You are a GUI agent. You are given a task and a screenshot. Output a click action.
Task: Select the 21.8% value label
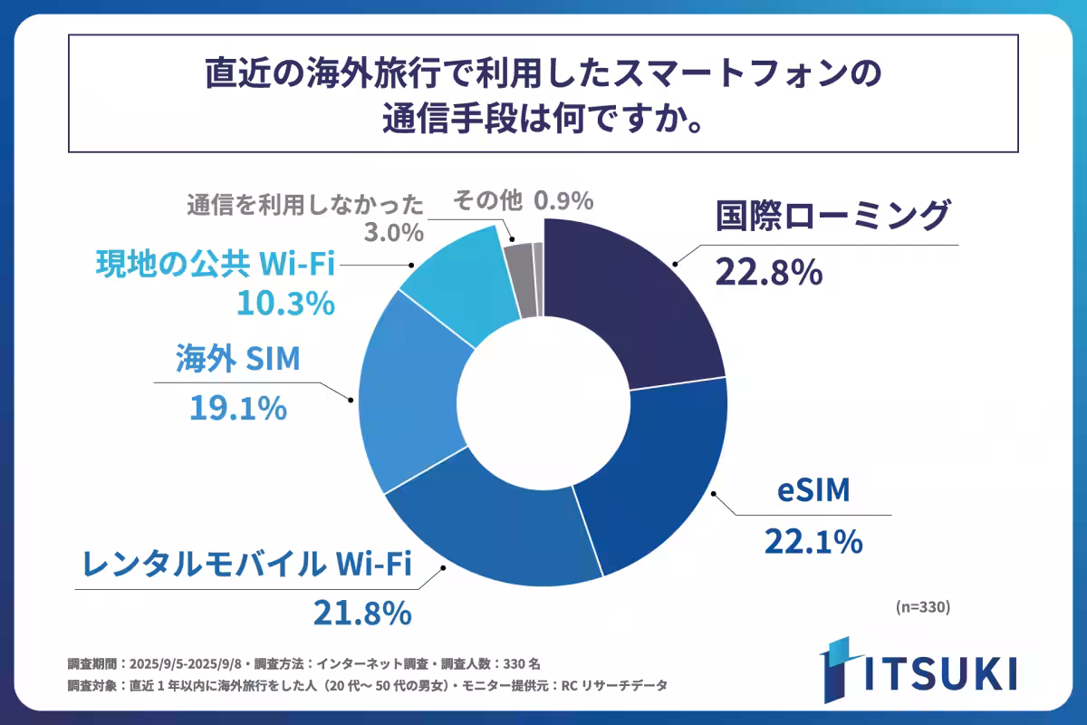click(x=362, y=614)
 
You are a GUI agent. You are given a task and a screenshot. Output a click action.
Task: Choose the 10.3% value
click(x=285, y=304)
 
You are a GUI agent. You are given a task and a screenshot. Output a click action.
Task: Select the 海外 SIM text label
click(x=237, y=362)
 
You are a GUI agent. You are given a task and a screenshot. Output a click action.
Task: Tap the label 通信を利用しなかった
click(x=305, y=201)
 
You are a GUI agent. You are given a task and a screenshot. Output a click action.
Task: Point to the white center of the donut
click(x=543, y=399)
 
